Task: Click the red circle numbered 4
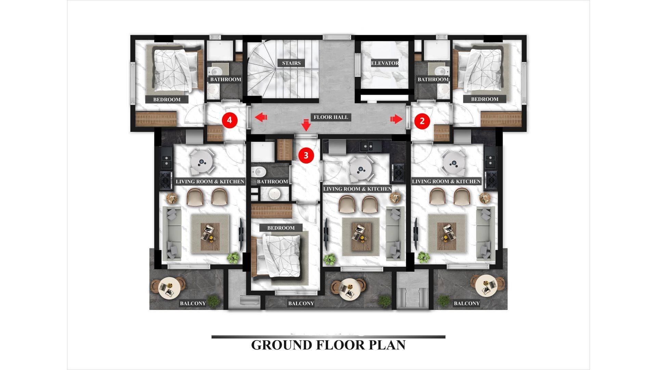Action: (x=230, y=120)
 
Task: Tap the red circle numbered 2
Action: (x=422, y=121)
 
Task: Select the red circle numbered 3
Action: (x=306, y=155)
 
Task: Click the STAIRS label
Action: (x=292, y=63)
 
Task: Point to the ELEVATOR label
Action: (x=385, y=63)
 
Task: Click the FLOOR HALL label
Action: (x=331, y=117)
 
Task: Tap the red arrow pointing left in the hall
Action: (x=261, y=118)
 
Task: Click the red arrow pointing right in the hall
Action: (x=396, y=119)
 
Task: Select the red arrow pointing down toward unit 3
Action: (x=306, y=125)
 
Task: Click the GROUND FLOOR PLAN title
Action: (x=328, y=345)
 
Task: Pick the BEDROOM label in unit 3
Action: (x=281, y=228)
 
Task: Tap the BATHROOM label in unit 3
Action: (x=272, y=182)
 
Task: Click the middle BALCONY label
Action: (x=301, y=303)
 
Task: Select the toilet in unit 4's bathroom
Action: (x=215, y=71)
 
